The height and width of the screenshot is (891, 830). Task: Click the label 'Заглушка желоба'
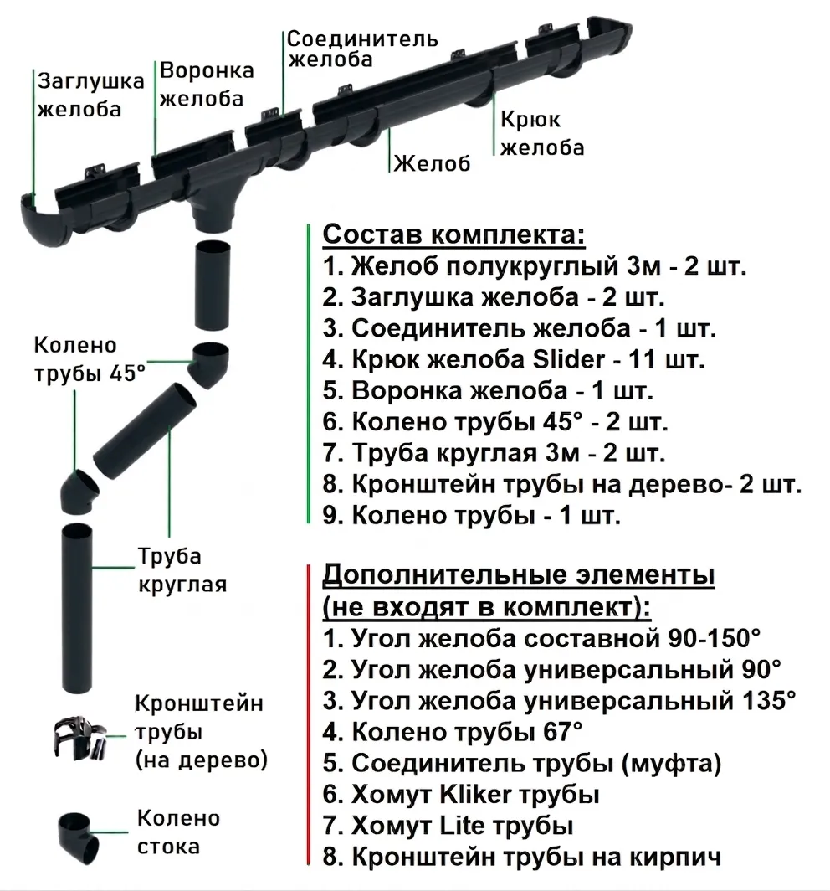[x=91, y=95]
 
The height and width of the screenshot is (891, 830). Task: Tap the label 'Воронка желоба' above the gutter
[x=207, y=84]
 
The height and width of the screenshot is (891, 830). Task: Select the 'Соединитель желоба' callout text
[x=362, y=49]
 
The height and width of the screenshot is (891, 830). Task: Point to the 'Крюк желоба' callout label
[x=542, y=133]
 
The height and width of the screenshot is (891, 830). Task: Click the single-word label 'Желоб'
[x=432, y=163]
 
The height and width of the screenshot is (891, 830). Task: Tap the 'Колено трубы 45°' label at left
[x=90, y=359]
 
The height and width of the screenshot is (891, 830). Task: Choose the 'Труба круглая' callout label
[x=182, y=570]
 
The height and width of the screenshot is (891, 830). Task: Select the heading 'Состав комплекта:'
[x=453, y=234]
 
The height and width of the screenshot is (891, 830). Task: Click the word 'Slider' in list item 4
[x=569, y=359]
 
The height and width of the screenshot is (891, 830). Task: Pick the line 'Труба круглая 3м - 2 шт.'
[x=494, y=453]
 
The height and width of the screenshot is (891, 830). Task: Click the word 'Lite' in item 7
[x=459, y=825]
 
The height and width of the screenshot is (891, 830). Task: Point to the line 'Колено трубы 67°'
[x=453, y=732]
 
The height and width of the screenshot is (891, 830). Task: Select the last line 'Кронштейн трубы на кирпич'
[x=522, y=857]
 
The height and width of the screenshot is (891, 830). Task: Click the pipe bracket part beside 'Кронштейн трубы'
[x=79, y=738]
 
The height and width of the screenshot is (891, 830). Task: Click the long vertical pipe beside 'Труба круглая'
[x=77, y=608]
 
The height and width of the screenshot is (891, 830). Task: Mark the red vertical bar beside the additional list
[x=308, y=714]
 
